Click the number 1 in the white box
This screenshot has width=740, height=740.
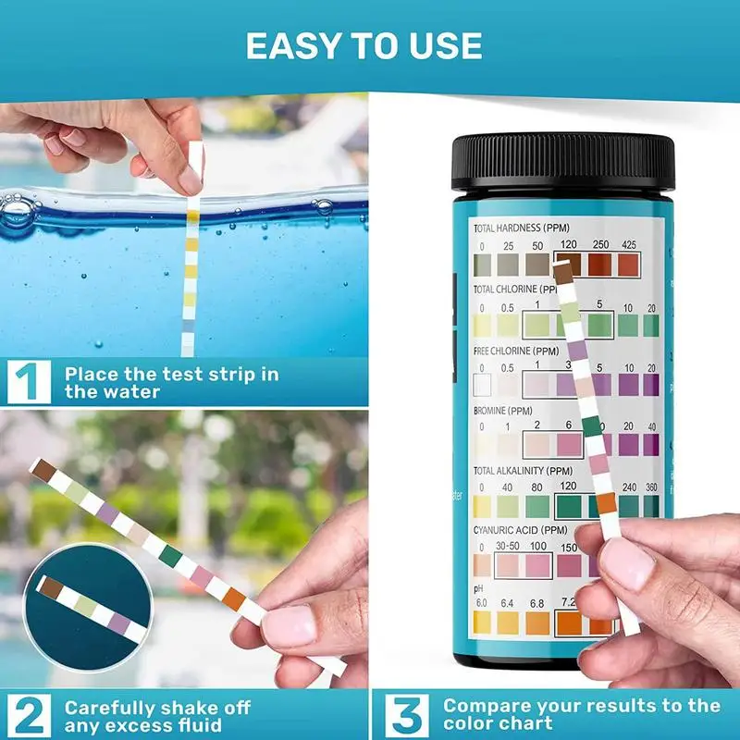[x=28, y=382]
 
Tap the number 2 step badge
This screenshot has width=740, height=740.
[x=28, y=715]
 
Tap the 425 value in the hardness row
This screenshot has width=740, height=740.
[x=629, y=244]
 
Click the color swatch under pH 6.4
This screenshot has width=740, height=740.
[x=509, y=623]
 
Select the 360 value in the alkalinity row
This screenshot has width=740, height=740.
[x=651, y=487]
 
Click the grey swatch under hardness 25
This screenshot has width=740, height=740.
[x=509, y=265]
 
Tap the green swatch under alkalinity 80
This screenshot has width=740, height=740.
[x=536, y=507]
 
